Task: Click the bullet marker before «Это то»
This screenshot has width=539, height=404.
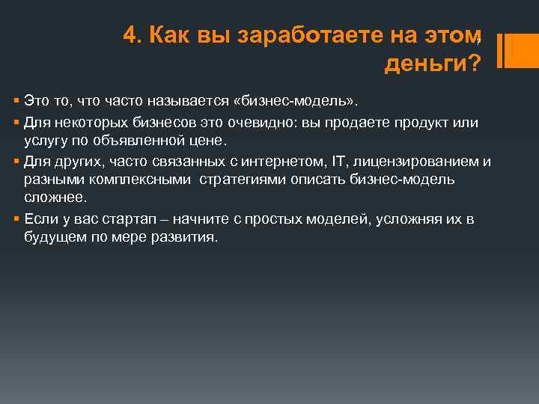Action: [x=16, y=100]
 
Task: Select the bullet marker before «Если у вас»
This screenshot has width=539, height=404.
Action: [x=16, y=219]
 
